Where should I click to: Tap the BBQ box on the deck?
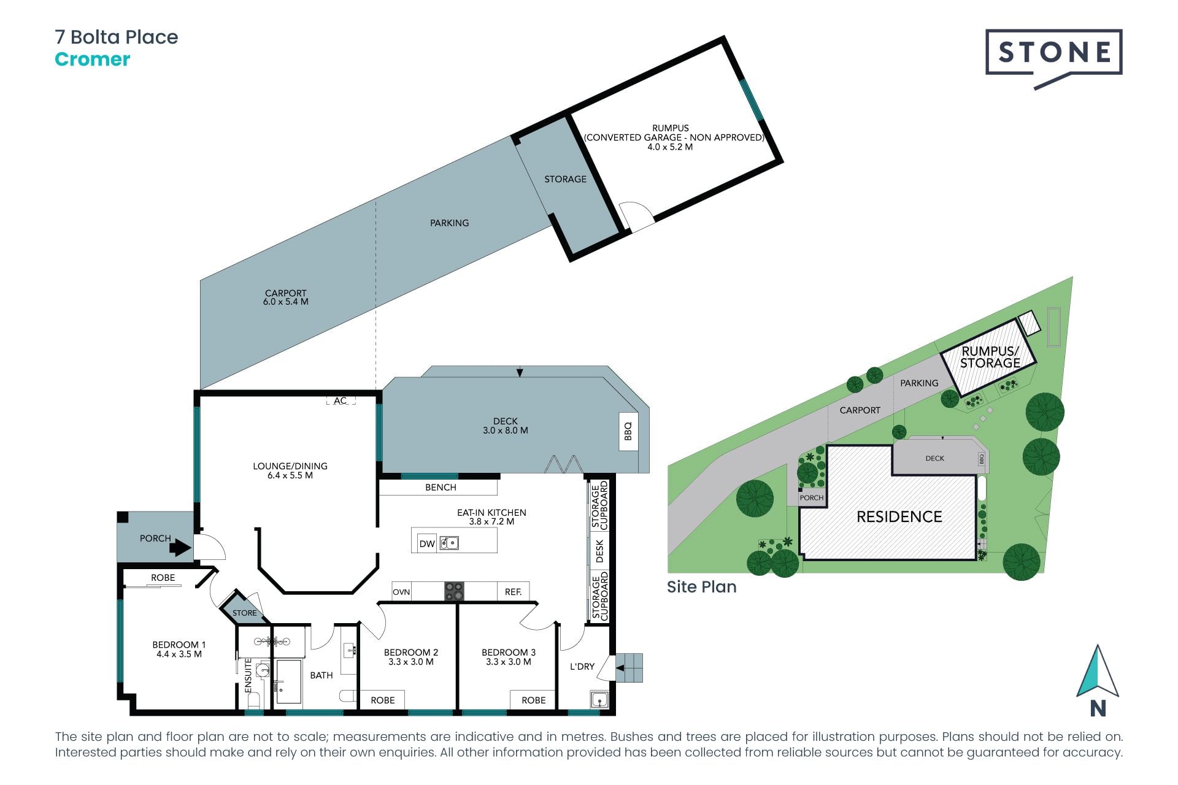click(x=628, y=431)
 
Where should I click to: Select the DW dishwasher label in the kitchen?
click(x=427, y=543)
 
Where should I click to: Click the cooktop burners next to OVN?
click(x=454, y=591)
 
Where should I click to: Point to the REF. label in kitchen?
click(x=514, y=592)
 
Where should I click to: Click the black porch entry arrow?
click(x=180, y=546)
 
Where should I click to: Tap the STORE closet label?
click(x=245, y=613)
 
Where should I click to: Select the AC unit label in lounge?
click(x=341, y=400)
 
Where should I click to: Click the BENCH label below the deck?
click(x=441, y=488)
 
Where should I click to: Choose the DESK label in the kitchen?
click(x=599, y=551)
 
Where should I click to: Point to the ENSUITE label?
click(x=248, y=676)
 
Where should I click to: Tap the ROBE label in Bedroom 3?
click(x=534, y=700)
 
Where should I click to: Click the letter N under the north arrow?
click(x=1098, y=708)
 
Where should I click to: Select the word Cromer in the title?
click(x=93, y=59)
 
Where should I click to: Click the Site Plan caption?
click(x=702, y=587)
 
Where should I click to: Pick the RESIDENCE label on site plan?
click(x=899, y=517)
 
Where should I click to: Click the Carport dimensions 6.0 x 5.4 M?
click(x=286, y=302)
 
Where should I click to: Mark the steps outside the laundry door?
click(x=629, y=668)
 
